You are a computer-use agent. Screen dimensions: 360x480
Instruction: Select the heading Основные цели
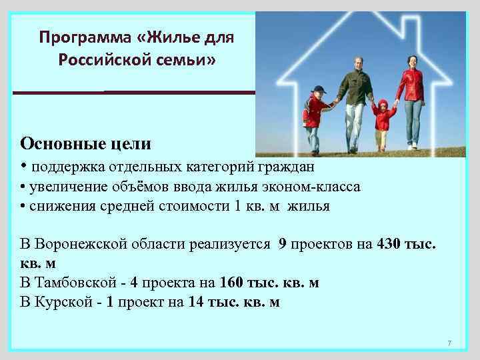tap(85, 143)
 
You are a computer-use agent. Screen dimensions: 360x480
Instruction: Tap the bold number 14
tap(196, 302)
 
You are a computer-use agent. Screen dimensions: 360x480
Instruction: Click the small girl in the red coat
tap(383, 118)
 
